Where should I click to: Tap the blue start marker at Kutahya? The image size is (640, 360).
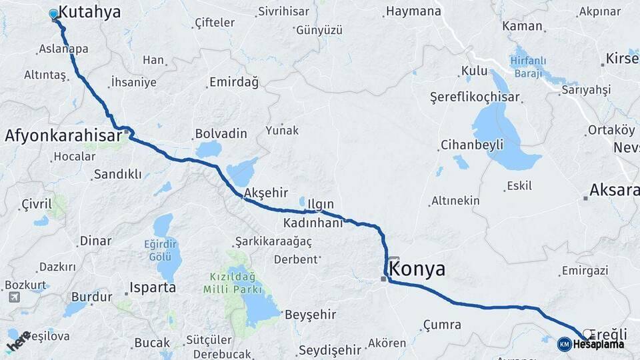coord(54,13)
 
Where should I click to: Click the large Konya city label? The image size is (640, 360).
coord(417,269)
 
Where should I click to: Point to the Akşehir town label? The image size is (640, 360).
coord(266,193)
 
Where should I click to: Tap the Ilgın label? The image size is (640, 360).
coord(320,203)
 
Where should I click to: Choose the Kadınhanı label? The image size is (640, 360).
coord(313,223)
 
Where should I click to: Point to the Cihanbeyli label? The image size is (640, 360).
coord(471,145)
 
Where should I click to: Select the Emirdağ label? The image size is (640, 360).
coord(233,82)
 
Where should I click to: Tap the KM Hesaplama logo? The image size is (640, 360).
coord(591,344)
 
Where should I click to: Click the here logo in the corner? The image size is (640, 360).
coord(19,342)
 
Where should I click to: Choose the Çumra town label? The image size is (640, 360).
coord(441,325)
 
